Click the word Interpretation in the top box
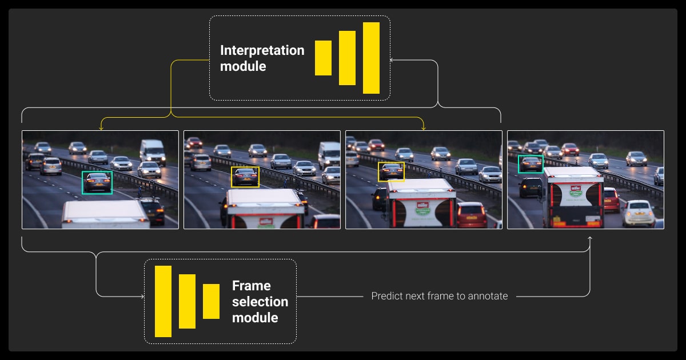tap(262, 50)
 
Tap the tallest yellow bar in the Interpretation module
tap(371, 58)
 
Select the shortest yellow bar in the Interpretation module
tap(323, 58)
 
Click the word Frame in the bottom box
tap(251, 286)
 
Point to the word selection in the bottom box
tap(260, 301)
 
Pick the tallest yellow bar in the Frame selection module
tap(163, 301)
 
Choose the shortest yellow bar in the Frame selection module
tap(211, 301)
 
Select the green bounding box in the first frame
tap(97, 183)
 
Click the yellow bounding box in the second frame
tap(245, 177)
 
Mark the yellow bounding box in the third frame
tap(391, 172)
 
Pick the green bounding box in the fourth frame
tap(531, 164)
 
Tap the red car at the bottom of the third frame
tap(472, 215)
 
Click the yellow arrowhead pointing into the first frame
tap(101, 128)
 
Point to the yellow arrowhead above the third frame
tap(423, 128)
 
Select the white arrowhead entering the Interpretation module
tap(393, 59)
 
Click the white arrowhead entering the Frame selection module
tap(141, 297)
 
